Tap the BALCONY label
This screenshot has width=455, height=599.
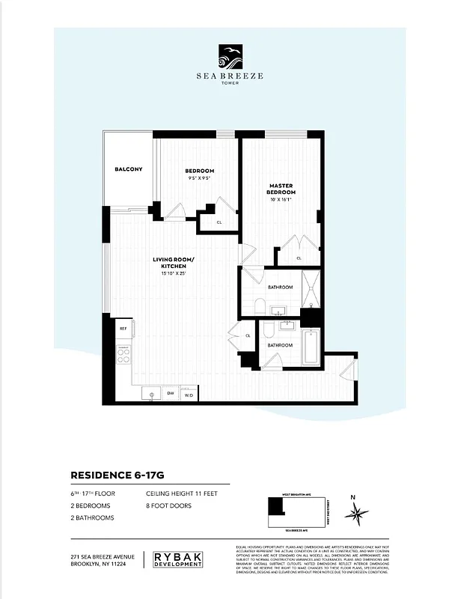[x=128, y=169]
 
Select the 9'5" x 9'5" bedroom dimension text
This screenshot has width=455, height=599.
[x=199, y=178]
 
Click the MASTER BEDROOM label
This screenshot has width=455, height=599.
[x=281, y=189]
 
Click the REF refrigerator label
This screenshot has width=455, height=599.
[x=123, y=329]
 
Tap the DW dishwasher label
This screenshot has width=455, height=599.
[x=171, y=394]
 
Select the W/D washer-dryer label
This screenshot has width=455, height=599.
[x=189, y=394]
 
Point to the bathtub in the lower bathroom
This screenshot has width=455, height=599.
[x=311, y=346]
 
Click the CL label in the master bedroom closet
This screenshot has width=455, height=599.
[x=299, y=258]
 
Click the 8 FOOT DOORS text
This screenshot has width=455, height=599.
[x=168, y=506]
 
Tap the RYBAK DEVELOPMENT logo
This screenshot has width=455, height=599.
[x=177, y=559]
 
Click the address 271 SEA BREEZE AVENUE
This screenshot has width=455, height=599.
[x=103, y=556]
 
